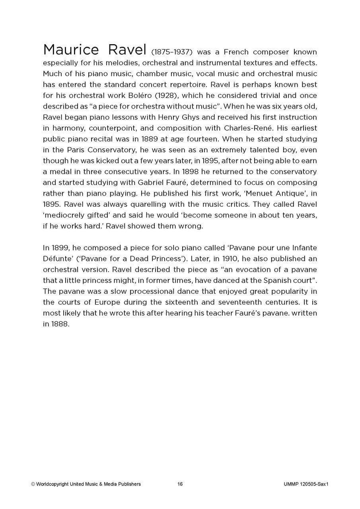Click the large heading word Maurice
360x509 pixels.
71,50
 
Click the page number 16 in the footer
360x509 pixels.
180,484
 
